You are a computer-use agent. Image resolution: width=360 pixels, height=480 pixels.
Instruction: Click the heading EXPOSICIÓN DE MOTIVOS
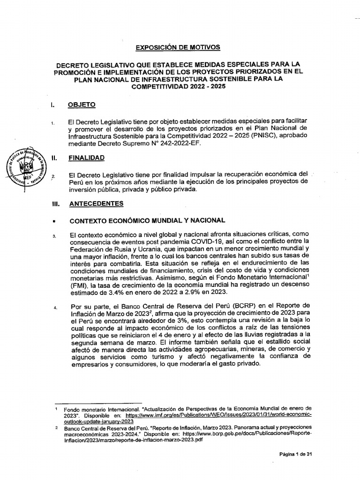(x=177, y=47)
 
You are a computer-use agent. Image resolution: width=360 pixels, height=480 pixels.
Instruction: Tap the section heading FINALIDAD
(x=87, y=158)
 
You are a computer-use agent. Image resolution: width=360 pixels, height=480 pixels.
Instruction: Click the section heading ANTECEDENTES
(x=97, y=203)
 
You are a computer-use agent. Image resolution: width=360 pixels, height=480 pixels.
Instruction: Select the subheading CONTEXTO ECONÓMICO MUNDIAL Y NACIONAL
(x=148, y=220)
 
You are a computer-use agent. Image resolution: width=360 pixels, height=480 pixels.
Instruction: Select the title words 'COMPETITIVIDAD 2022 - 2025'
(x=177, y=87)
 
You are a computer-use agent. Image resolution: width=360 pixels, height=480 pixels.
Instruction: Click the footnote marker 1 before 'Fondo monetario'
(x=56, y=408)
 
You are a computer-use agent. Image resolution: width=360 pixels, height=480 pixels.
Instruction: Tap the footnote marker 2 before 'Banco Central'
(x=56, y=427)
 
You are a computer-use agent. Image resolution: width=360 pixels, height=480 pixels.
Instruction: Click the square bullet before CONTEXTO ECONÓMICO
(x=55, y=220)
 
